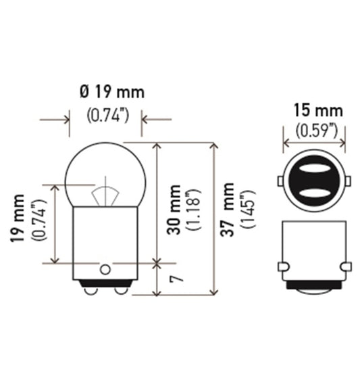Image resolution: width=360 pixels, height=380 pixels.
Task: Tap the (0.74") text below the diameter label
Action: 108,116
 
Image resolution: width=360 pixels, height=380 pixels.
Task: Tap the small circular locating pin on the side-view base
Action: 105,269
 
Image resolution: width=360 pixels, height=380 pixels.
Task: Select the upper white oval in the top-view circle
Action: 315,170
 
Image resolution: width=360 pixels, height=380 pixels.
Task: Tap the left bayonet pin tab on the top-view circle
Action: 280,183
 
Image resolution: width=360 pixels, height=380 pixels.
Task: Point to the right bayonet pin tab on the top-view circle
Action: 351,183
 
